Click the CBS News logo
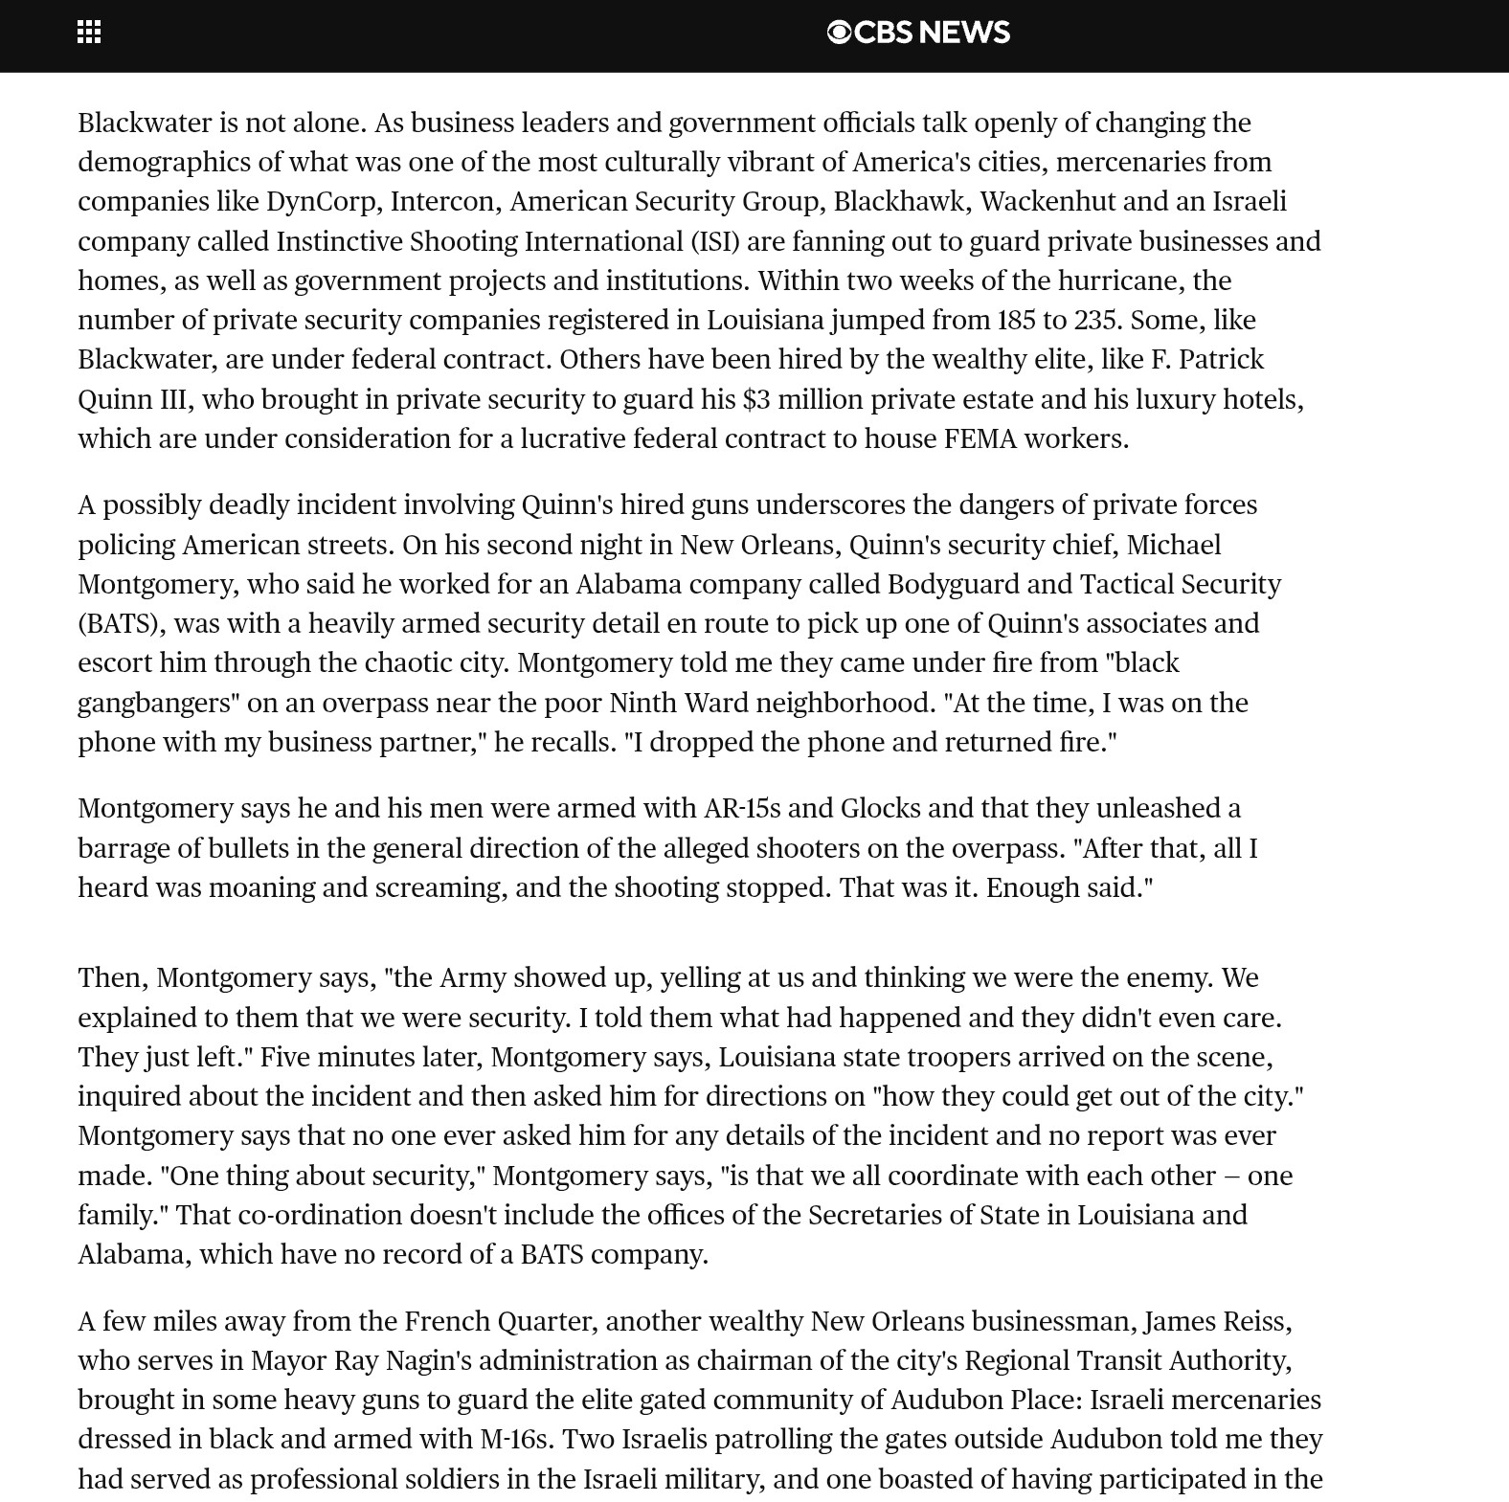coord(917,33)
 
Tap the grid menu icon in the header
coord(89,33)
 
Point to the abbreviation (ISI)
coord(715,241)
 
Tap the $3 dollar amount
coord(755,399)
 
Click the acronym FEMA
coord(980,438)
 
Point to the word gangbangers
coord(158,703)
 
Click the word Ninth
coord(642,703)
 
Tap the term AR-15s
coord(742,809)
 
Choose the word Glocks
coord(880,809)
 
